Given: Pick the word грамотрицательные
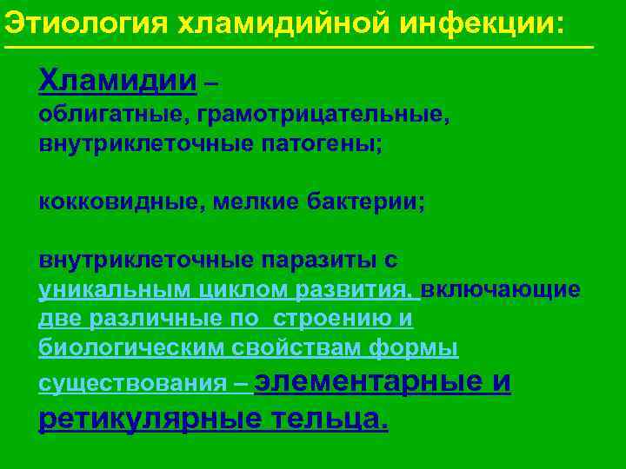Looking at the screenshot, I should click(x=324, y=115).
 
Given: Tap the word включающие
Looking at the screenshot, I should click(x=501, y=289).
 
